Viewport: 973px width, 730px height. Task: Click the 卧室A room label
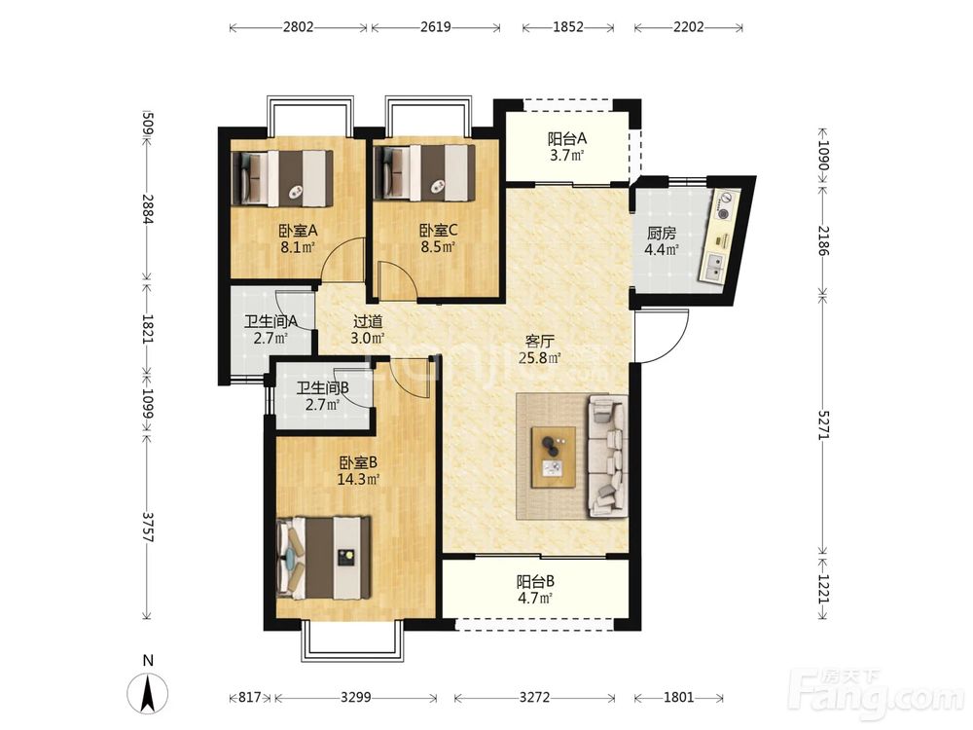point(298,231)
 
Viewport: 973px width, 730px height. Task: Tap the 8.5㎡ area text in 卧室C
point(438,247)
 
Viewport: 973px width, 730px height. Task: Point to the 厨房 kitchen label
point(661,234)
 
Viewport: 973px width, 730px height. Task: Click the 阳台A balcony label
point(567,138)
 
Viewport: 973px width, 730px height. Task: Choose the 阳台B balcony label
point(535,582)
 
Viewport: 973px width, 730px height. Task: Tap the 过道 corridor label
point(368,321)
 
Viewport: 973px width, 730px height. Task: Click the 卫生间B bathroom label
point(323,388)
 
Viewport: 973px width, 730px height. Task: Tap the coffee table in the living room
point(553,457)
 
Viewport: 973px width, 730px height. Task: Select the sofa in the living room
point(607,456)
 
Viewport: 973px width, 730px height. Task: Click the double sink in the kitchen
point(713,267)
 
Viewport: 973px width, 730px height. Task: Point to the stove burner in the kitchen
point(724,204)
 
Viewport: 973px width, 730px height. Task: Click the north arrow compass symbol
point(148,693)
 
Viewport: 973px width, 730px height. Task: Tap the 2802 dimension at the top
point(298,27)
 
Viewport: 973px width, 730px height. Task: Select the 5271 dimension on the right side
point(823,425)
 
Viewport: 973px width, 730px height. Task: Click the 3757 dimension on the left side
point(147,527)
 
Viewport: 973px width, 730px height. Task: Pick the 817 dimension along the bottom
point(249,697)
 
